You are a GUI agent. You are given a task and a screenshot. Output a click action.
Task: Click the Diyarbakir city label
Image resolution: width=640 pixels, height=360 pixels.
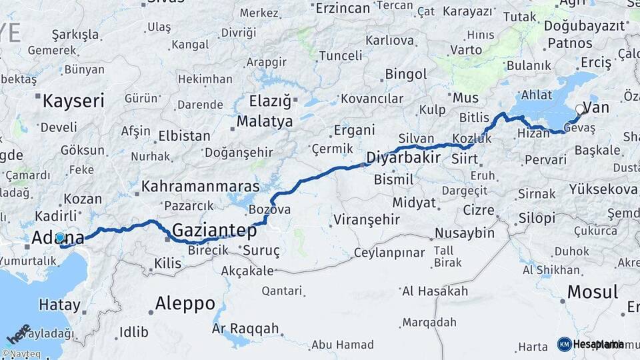point(403,158)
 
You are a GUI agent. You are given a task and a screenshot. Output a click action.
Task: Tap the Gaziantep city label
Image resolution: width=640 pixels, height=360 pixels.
point(214,231)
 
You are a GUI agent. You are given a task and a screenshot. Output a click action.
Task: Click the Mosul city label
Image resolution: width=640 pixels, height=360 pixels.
point(592,292)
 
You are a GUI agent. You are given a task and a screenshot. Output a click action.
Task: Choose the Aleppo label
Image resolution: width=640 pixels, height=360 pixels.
point(185,304)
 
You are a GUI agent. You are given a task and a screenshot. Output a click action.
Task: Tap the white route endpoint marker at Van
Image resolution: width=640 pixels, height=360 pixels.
point(580,109)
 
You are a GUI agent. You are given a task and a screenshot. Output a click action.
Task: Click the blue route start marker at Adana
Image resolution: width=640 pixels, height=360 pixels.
point(60,237)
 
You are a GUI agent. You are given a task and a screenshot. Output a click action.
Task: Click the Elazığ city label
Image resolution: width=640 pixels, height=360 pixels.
point(270,102)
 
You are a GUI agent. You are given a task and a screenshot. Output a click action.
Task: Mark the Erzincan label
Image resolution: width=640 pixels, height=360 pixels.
point(342,8)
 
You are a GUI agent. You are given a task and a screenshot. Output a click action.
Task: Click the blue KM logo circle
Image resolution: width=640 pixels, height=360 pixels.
point(564,344)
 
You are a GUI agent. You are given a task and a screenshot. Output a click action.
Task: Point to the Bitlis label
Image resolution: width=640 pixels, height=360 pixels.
point(474,117)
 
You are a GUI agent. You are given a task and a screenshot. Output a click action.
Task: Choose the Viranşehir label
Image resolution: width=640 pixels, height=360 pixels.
point(366,219)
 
